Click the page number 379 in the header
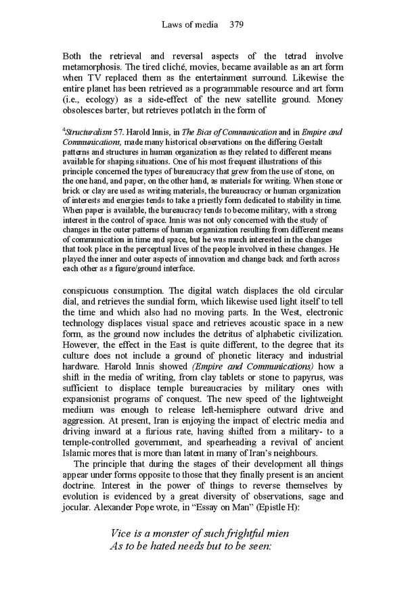pyautogui.click(x=236, y=25)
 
